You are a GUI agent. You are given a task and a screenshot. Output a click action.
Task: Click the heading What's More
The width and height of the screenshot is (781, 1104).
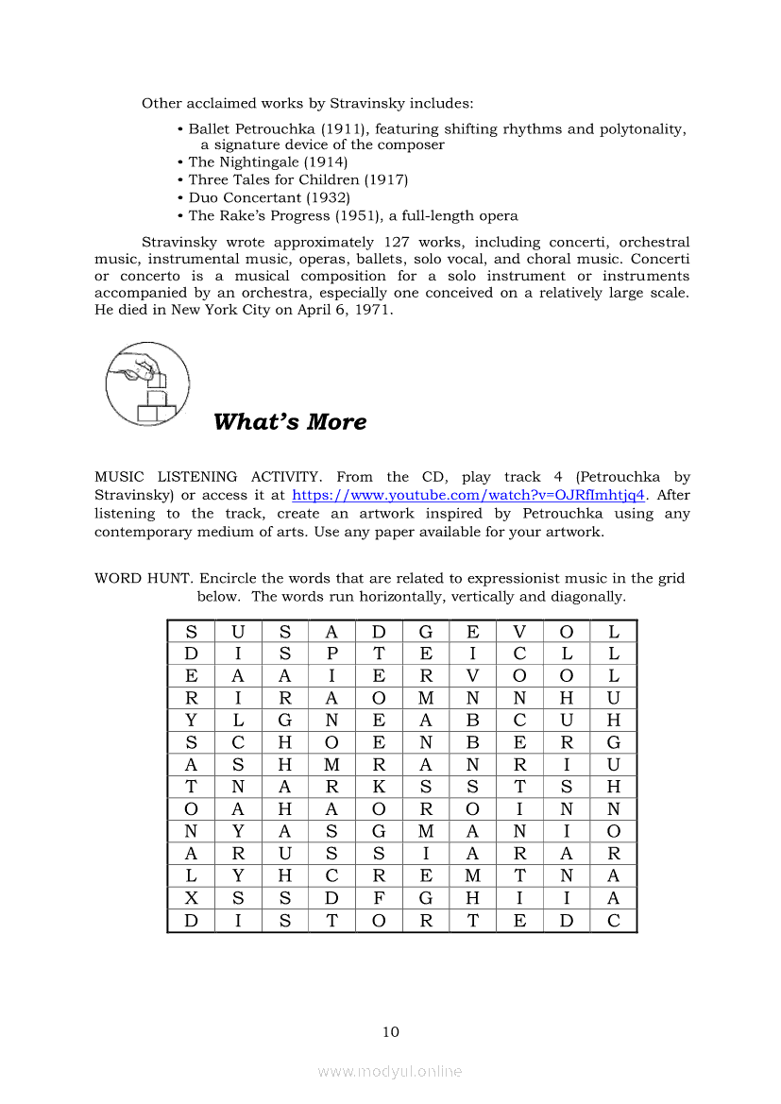tap(290, 421)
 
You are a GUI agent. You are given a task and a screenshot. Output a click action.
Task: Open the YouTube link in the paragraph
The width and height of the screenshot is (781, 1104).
tap(468, 495)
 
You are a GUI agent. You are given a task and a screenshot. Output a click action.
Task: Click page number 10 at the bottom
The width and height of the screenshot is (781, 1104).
tap(391, 1031)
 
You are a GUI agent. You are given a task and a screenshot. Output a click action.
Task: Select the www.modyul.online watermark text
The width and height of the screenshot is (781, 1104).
tap(390, 1071)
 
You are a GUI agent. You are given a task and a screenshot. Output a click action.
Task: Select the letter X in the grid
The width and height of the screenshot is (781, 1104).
tap(192, 898)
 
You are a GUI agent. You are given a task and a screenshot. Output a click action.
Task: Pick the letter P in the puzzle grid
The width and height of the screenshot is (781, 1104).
tap(331, 654)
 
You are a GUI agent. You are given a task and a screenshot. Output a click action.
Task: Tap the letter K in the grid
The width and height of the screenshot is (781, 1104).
tap(379, 787)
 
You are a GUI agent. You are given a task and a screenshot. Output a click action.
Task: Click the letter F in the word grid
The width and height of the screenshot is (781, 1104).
tap(379, 898)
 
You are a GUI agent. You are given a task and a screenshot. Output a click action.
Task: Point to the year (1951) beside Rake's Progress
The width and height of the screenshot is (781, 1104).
tap(349, 215)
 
